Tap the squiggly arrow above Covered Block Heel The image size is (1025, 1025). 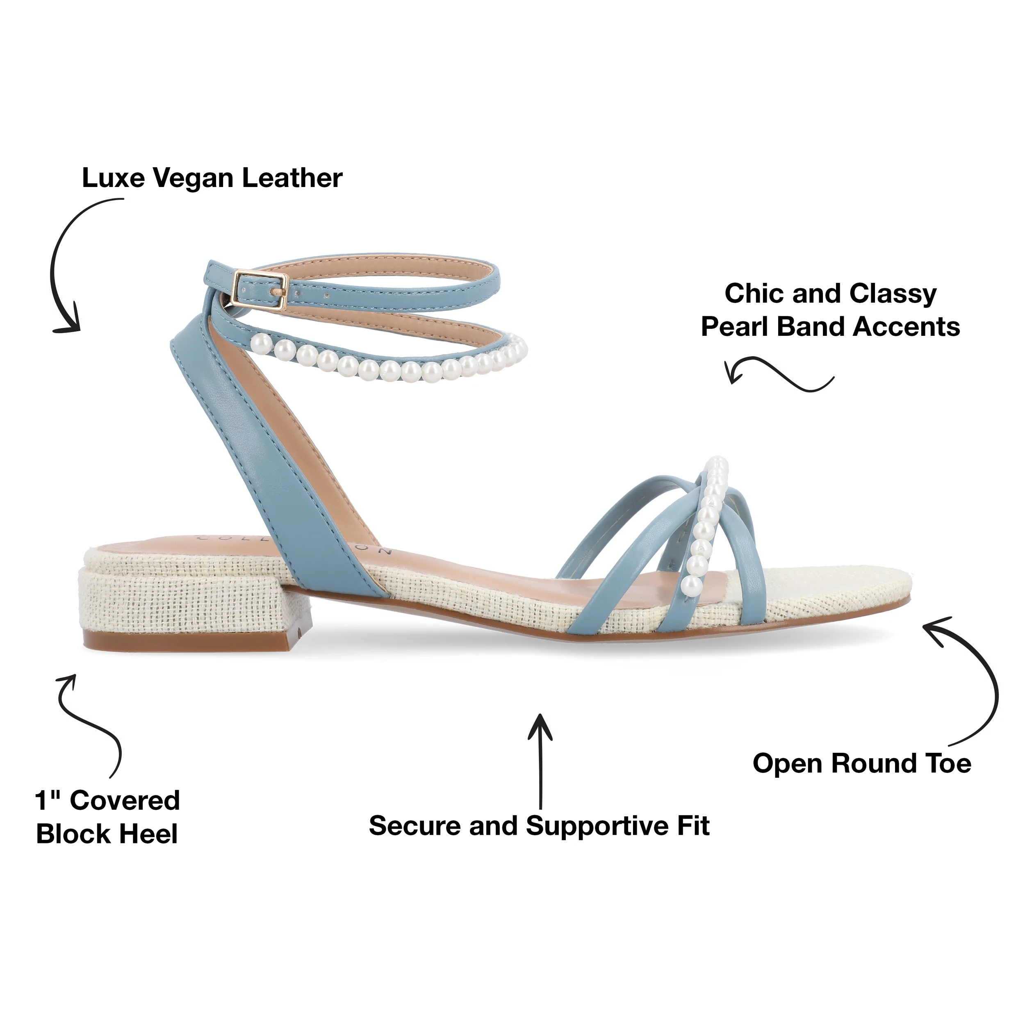[x=90, y=722]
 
